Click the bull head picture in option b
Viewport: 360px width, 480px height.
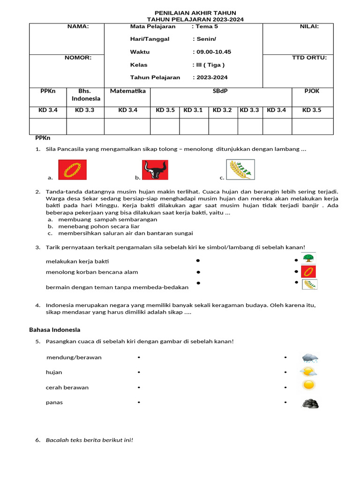(x=155, y=170)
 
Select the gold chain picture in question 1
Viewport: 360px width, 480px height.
(x=72, y=170)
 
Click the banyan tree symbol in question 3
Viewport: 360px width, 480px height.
(x=308, y=258)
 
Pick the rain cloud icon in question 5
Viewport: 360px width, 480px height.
(x=310, y=359)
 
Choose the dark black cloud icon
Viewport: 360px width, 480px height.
(x=310, y=403)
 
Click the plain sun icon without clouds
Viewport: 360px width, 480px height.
(x=308, y=385)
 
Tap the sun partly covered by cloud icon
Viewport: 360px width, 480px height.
(x=308, y=372)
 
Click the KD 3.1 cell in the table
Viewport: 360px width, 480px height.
(x=193, y=110)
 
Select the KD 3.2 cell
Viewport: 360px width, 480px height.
(x=223, y=110)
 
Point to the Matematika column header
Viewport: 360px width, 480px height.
(x=127, y=91)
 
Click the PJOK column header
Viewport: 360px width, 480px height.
(x=312, y=91)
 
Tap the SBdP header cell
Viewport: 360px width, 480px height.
(x=220, y=91)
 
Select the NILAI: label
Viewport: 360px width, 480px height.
(x=309, y=27)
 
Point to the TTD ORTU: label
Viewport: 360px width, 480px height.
(x=309, y=58)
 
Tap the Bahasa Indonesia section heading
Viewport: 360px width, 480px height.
(x=55, y=330)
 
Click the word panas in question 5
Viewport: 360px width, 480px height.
(x=54, y=403)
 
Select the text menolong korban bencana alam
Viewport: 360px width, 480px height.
(x=92, y=272)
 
